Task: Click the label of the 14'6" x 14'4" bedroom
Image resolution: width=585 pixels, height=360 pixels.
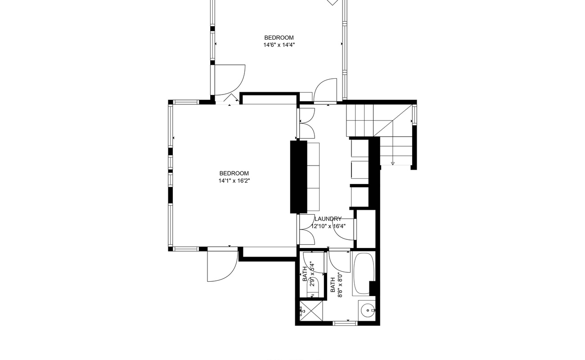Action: [x=279, y=38]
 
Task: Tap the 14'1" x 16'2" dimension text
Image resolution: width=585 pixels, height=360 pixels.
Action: [x=234, y=181]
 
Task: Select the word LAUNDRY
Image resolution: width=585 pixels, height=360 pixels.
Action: [x=328, y=219]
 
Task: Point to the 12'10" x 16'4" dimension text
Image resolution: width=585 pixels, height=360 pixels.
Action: [x=328, y=226]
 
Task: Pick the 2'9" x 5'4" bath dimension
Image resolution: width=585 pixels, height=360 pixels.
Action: [x=312, y=274]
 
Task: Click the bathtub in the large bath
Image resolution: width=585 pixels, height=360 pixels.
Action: [x=363, y=274]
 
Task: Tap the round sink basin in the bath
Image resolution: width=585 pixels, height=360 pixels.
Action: [x=368, y=310]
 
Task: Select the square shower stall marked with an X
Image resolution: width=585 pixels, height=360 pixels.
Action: [x=311, y=310]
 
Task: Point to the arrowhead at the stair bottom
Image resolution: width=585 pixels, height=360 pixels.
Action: [x=392, y=163]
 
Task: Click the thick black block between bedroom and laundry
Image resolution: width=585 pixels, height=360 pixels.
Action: [x=299, y=177]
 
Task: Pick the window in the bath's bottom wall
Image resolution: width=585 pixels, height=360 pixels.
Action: [x=345, y=324]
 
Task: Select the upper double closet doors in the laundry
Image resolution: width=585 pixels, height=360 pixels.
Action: [x=307, y=123]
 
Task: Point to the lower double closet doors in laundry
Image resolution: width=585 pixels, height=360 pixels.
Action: [x=307, y=229]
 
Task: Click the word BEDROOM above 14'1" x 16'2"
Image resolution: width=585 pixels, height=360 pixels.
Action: [x=234, y=173]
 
